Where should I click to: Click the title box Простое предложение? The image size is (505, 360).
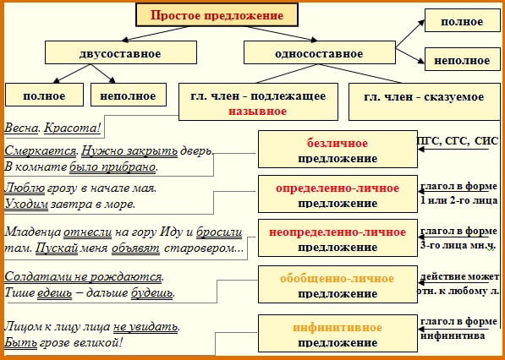click(217, 15)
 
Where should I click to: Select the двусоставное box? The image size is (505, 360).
click(119, 54)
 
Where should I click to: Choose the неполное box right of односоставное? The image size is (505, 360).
click(461, 61)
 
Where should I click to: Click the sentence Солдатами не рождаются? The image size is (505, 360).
click(84, 276)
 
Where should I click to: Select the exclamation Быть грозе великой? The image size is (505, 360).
click(64, 343)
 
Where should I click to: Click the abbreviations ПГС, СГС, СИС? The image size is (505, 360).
click(458, 140)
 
